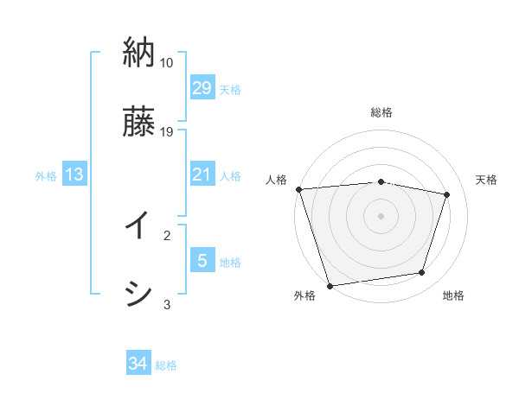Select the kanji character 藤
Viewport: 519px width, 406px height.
[x=139, y=121]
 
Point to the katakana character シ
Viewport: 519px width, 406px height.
[x=139, y=294]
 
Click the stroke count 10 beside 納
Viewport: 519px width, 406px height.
[x=167, y=63]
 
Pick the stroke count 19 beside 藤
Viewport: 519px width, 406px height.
[x=167, y=132]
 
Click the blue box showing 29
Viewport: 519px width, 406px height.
[x=202, y=88]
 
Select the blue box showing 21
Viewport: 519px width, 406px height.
[x=202, y=174]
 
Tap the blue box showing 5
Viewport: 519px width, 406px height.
[x=202, y=261]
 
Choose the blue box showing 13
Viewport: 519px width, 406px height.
[x=74, y=174]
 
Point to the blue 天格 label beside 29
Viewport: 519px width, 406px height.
[x=230, y=90]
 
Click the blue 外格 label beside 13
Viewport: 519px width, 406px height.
[x=46, y=176]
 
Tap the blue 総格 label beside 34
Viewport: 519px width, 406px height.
[x=166, y=365]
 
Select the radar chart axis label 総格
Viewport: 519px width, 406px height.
[x=381, y=112]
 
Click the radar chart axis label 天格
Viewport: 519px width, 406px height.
[x=487, y=180]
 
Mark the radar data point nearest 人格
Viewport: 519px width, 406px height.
[x=298, y=189]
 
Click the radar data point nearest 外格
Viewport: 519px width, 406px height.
[x=330, y=284]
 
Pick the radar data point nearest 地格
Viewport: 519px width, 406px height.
[x=422, y=273]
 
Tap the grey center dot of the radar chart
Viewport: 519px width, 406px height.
[x=381, y=215]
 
